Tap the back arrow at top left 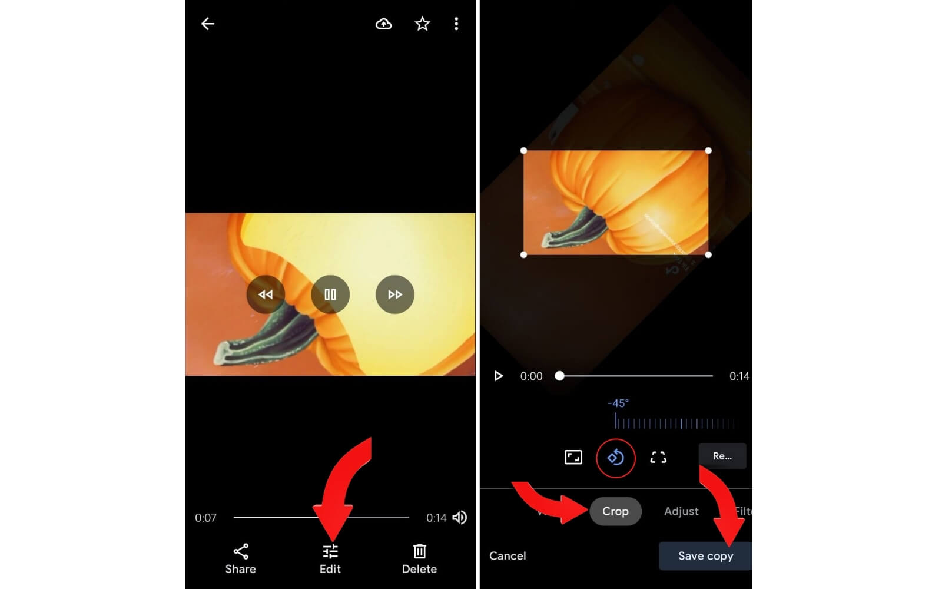coord(208,24)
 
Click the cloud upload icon coord(384,24)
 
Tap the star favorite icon coord(422,24)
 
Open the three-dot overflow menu coord(456,24)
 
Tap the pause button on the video coord(330,294)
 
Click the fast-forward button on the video coord(394,294)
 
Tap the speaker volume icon coord(459,518)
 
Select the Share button coord(240,558)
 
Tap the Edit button coord(330,558)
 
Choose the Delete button coord(419,558)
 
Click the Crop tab coord(615,511)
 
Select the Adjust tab coord(681,511)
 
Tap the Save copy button coord(705,556)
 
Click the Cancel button coord(508,556)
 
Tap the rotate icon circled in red coord(616,458)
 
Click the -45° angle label coord(618,403)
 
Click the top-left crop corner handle coord(523,151)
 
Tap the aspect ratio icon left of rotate coord(573,457)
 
